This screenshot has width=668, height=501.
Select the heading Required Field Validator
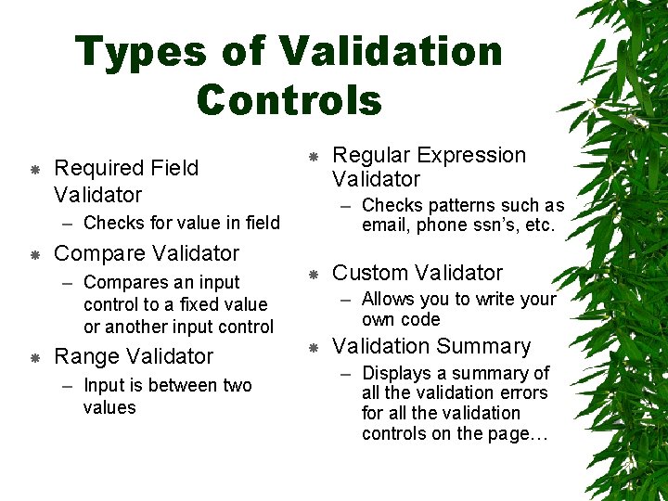[x=125, y=181]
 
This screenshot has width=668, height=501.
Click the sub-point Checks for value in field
[x=181, y=223]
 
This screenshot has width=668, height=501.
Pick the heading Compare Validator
[x=147, y=253]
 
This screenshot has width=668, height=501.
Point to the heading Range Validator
[x=134, y=356]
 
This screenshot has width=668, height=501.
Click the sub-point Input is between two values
[x=167, y=396]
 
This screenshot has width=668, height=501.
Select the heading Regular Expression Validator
[x=428, y=167]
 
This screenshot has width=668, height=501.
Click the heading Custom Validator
[x=417, y=273]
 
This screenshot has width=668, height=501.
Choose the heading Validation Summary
[x=431, y=346]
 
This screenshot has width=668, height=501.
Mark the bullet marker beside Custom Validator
[x=314, y=274]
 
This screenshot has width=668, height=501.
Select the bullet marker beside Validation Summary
[x=314, y=347]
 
